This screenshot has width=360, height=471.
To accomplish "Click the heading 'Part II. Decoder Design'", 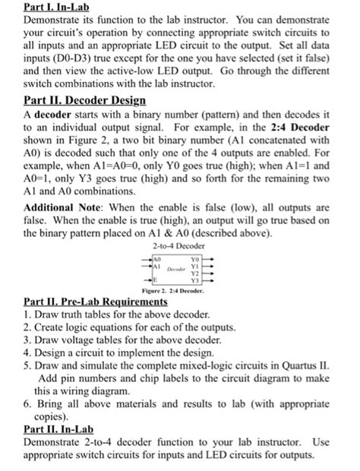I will (84, 100).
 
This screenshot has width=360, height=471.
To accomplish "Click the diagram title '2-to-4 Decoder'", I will (180, 247).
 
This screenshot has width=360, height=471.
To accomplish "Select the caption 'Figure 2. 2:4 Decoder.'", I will (180, 292).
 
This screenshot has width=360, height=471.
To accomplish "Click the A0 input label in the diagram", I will (157, 259).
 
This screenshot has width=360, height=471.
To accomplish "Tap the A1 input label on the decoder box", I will (157, 267).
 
